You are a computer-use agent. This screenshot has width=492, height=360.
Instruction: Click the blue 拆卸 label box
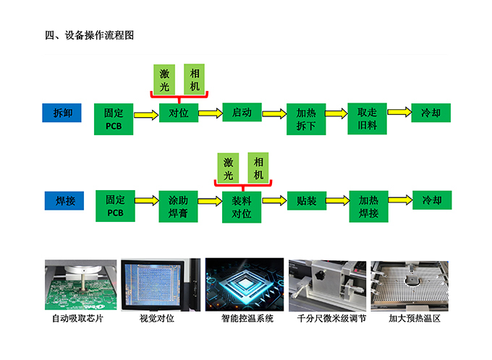pyautogui.click(x=61, y=113)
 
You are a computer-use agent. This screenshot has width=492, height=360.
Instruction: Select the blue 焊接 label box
pyautogui.click(x=64, y=201)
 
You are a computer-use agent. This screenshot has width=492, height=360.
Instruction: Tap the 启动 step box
pyautogui.click(x=242, y=112)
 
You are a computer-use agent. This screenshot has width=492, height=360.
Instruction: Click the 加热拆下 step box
pyautogui.click(x=306, y=119)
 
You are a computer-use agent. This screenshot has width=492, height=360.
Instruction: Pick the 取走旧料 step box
pyautogui.click(x=367, y=119)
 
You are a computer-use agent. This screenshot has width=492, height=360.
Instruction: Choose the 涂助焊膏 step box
pyautogui.click(x=178, y=206)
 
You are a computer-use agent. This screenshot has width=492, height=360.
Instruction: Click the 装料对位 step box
pyautogui.click(x=242, y=207)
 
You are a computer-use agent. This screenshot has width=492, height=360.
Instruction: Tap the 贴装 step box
pyautogui.click(x=307, y=201)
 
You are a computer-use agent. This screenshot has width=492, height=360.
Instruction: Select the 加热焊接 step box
pyautogui.click(x=369, y=206)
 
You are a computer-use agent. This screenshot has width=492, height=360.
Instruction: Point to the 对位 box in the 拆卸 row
pyautogui.click(x=179, y=113)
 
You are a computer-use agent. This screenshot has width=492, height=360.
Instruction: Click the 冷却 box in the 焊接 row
pyautogui.click(x=432, y=200)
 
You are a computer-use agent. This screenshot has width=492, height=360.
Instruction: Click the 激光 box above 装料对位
pyautogui.click(x=228, y=168)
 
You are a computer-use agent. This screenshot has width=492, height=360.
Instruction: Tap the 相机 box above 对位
pyautogui.click(x=194, y=80)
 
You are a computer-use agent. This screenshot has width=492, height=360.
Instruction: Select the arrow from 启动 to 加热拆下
pyautogui.click(x=274, y=113)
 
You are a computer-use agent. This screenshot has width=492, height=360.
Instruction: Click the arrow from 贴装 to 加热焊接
pyautogui.click(x=338, y=200)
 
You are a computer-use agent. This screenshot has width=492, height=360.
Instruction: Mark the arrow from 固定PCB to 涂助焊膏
pyautogui.click(x=147, y=200)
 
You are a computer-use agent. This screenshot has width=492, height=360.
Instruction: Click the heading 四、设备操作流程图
pyautogui.click(x=90, y=35)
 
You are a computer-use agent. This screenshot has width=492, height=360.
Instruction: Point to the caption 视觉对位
pyautogui.click(x=156, y=319)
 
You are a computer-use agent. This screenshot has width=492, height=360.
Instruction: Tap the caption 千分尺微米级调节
pyautogui.click(x=331, y=319)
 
